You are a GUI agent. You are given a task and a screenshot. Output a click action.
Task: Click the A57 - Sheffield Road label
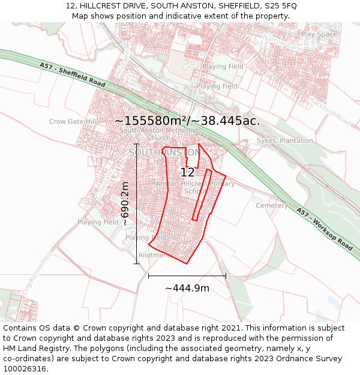pyautogui.click(x=73, y=75)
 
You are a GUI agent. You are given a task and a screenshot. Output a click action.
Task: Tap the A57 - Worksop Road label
pyautogui.click(x=324, y=229)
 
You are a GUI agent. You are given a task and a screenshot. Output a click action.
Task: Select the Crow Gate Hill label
pyautogui.click(x=73, y=121)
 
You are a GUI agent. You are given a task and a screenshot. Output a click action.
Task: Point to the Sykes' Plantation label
pyautogui.click(x=284, y=140)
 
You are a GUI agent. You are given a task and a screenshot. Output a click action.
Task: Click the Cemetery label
pyautogui.click(x=272, y=205)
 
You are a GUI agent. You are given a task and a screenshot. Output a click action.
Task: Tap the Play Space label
pyautogui.click(x=320, y=34)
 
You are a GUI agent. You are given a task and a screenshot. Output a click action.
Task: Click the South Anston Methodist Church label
pyautogui.click(x=158, y=134)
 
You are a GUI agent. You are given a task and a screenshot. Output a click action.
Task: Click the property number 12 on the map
pyautogui.click(x=187, y=172)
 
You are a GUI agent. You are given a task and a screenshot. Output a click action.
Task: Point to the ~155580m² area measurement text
pyautogui.click(x=187, y=121)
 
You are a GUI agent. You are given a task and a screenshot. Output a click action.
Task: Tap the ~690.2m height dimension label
pyautogui.click(x=125, y=204)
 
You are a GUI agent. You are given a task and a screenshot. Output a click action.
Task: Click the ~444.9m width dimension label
pyautogui.click(x=187, y=288)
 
